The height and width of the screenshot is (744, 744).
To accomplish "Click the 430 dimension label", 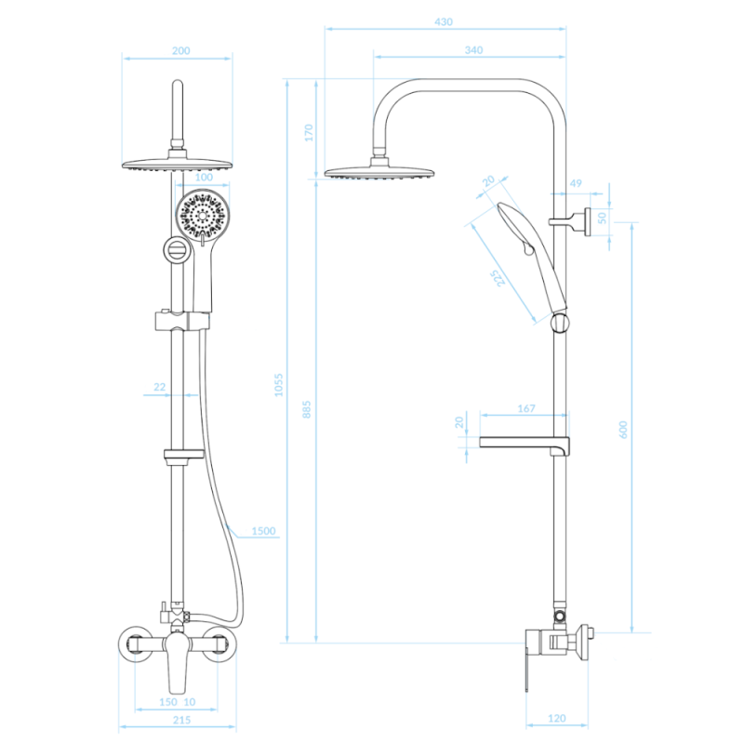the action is (444, 21).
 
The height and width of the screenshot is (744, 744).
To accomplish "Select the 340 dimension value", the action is (473, 50).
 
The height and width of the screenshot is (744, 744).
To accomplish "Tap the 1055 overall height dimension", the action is (278, 385).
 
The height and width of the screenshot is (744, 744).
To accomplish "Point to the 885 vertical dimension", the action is (307, 409).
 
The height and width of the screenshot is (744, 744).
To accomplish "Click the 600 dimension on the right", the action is (623, 430).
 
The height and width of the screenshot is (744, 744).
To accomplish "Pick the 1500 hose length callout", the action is (263, 531).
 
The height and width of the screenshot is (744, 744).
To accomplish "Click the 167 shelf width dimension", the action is (526, 408).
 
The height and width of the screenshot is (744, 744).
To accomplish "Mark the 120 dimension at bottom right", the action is (556, 718).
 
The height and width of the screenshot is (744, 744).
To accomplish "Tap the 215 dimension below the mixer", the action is (181, 720).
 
